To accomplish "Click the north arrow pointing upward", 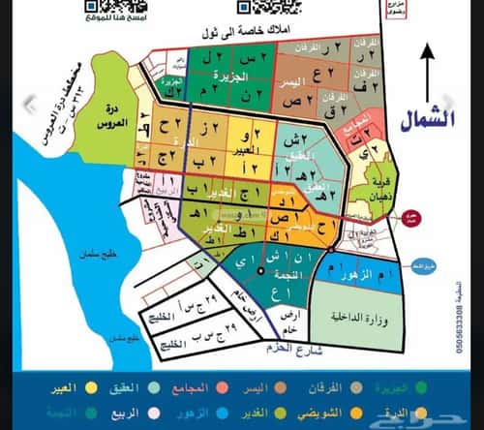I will pos(427,74).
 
